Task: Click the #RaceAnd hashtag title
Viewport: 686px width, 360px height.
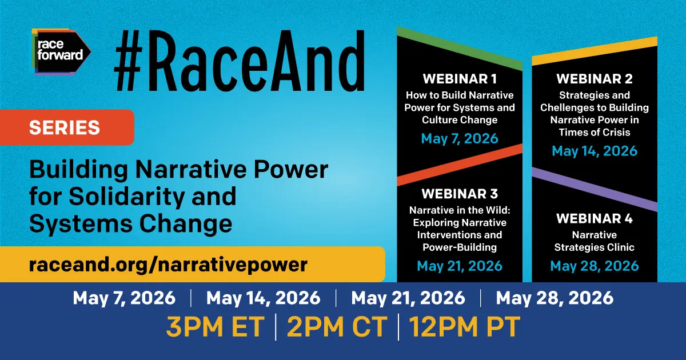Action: [239, 62]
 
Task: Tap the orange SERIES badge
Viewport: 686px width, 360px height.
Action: [65, 127]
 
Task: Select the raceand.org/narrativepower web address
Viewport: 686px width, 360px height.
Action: [169, 265]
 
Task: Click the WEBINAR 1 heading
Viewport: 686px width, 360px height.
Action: [460, 79]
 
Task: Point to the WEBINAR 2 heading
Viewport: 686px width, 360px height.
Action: [595, 79]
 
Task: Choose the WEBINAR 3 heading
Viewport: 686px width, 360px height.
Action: [460, 193]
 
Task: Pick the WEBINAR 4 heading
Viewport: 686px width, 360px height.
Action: [595, 219]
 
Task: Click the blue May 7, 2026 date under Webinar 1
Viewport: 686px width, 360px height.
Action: [460, 138]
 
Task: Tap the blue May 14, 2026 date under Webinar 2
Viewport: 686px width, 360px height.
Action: [595, 151]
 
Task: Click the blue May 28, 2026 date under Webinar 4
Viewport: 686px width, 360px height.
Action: [595, 266]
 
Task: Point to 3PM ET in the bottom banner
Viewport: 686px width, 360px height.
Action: [215, 327]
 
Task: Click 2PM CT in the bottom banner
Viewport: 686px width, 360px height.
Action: [337, 327]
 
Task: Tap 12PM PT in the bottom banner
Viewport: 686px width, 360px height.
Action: [464, 327]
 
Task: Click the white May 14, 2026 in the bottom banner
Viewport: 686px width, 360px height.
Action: [264, 298]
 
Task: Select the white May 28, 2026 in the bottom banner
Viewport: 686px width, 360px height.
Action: [555, 298]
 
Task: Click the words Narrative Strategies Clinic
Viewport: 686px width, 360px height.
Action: [595, 241]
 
